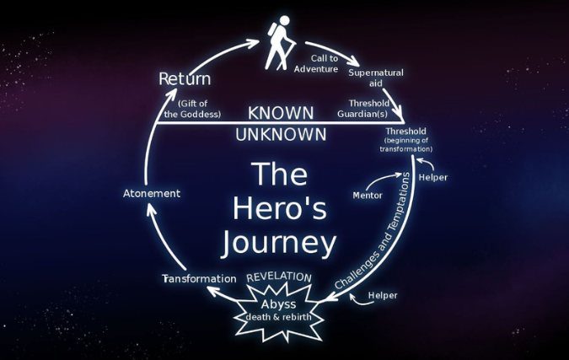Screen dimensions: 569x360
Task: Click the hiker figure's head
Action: click(x=285, y=20)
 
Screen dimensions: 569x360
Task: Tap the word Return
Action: click(x=185, y=78)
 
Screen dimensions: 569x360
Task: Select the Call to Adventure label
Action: click(x=316, y=63)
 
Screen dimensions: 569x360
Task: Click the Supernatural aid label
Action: click(x=376, y=78)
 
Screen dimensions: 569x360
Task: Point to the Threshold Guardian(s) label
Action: click(x=363, y=109)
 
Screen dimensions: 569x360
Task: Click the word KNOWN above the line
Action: click(x=281, y=113)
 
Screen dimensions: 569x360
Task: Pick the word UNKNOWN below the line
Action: click(x=281, y=135)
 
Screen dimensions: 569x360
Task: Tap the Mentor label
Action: click(x=368, y=196)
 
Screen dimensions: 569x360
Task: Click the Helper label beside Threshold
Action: click(x=433, y=177)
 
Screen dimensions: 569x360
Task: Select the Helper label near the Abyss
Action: click(x=383, y=295)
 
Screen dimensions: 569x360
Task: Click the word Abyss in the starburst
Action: click(x=278, y=304)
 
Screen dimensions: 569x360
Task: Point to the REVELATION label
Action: click(x=279, y=277)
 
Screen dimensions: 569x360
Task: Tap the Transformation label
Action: click(x=199, y=279)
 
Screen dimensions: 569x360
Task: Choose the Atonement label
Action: click(x=152, y=193)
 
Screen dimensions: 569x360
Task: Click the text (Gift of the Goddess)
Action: click(x=192, y=109)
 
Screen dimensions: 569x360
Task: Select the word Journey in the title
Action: click(x=279, y=243)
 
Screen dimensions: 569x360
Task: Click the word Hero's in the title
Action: click(x=279, y=208)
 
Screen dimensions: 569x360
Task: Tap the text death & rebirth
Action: click(x=279, y=317)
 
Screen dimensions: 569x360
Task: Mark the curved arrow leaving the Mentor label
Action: click(x=384, y=179)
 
